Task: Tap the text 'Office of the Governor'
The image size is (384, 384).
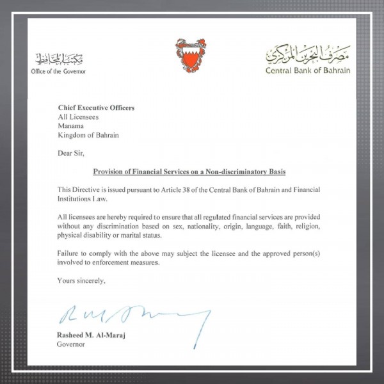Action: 58,71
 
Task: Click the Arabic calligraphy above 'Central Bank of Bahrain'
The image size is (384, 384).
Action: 308,56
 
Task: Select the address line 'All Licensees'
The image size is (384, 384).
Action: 78,118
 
